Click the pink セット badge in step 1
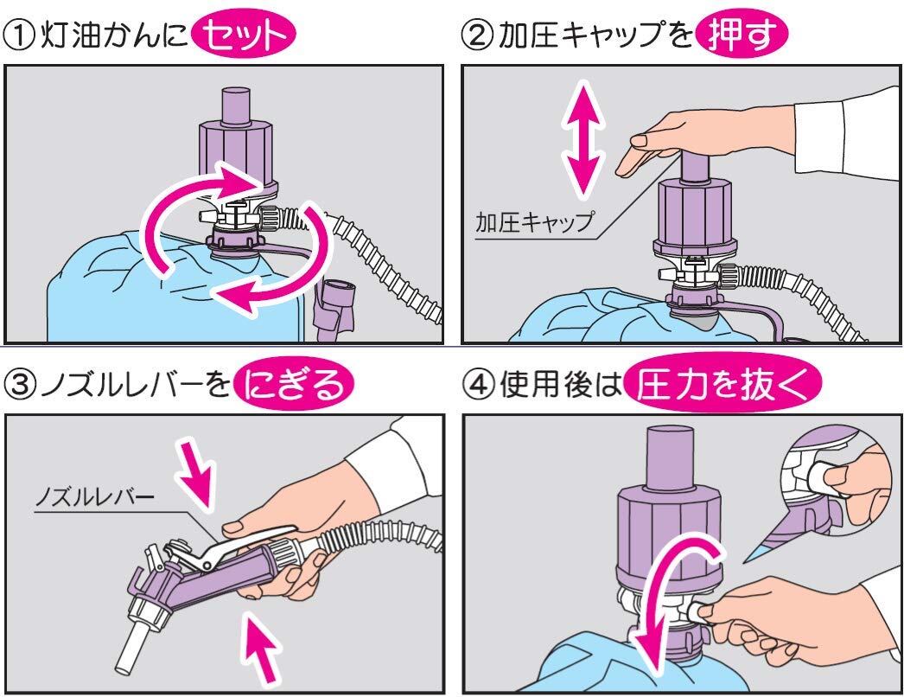(x=243, y=35)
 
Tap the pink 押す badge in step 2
(x=742, y=35)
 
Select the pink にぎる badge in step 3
(x=294, y=384)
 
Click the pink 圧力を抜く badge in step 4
(x=723, y=382)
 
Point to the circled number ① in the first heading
(x=18, y=35)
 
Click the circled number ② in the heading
(x=477, y=35)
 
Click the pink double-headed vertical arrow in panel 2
(x=584, y=139)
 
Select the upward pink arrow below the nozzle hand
(x=261, y=649)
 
